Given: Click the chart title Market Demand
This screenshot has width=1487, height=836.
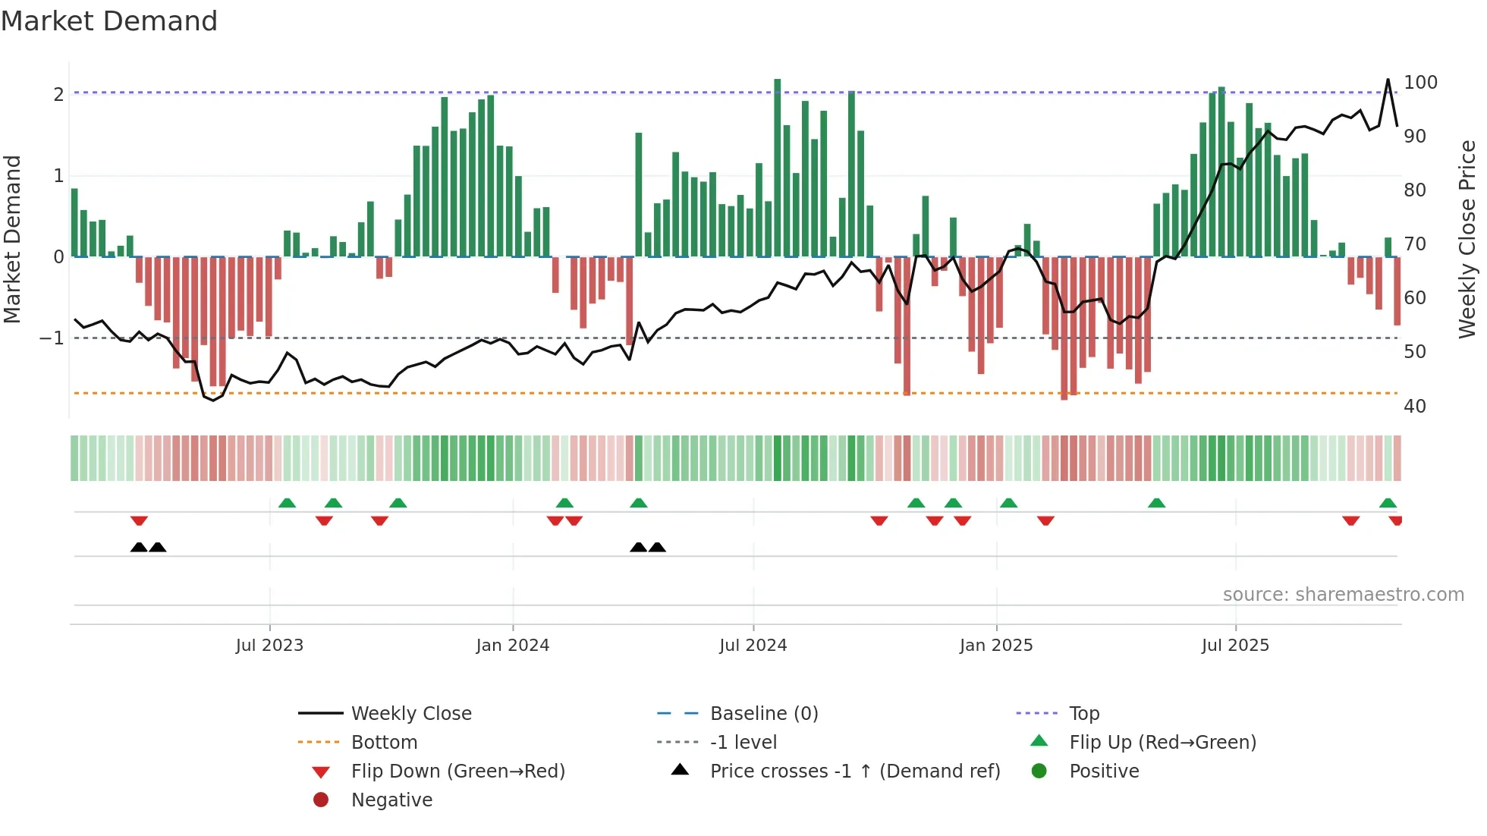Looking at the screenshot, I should click(109, 21).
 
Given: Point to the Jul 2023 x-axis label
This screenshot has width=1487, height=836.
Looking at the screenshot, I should click(269, 646).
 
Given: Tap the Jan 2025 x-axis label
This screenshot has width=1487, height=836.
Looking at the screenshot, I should click(995, 646).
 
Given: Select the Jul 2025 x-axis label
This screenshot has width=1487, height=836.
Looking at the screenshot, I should click(1235, 646).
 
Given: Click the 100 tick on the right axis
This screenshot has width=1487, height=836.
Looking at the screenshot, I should click(1420, 83).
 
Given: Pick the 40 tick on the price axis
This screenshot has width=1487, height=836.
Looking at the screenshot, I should click(1415, 407).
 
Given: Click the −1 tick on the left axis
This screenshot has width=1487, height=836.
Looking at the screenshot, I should click(52, 338).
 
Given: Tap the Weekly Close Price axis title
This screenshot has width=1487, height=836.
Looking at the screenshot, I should click(1467, 239).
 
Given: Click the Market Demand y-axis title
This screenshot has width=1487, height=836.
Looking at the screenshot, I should click(13, 239).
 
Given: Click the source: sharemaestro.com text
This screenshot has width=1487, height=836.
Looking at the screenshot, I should click(1343, 595).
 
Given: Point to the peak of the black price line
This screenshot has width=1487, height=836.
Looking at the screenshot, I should click(1388, 80).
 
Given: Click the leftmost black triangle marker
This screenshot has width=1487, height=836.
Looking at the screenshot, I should click(139, 547).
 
